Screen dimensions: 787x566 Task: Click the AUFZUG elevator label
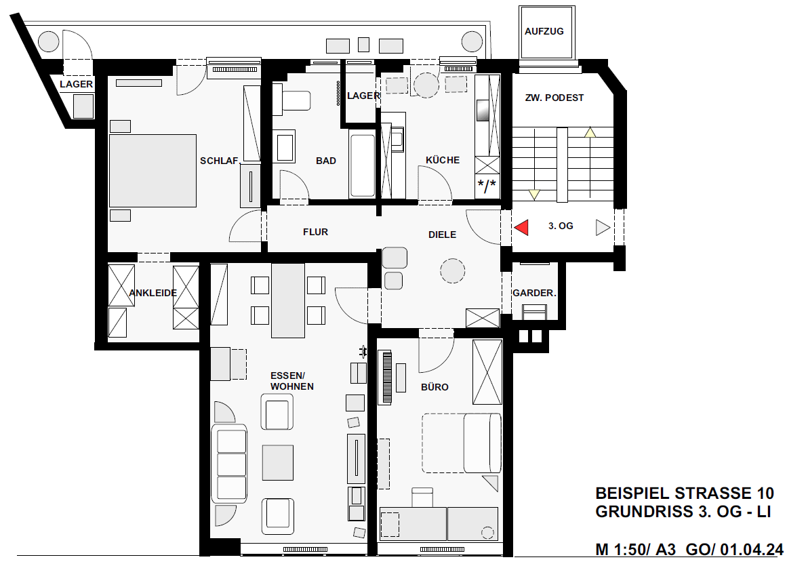click(544, 31)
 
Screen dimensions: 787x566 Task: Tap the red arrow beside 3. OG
click(521, 227)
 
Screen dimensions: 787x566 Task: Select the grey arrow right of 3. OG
click(603, 228)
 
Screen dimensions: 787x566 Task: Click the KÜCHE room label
click(443, 160)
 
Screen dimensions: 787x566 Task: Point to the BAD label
click(326, 161)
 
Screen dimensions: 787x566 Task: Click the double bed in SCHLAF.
click(153, 171)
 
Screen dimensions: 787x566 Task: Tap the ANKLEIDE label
click(153, 293)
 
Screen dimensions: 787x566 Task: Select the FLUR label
click(315, 232)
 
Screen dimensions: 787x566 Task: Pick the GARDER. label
click(534, 293)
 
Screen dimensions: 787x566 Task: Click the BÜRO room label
click(435, 387)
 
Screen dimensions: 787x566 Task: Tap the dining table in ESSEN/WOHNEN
click(288, 300)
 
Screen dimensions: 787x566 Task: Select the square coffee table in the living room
click(277, 463)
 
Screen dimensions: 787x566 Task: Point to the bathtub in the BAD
click(363, 165)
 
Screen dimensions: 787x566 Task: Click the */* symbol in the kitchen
click(487, 186)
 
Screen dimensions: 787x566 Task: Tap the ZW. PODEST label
click(554, 98)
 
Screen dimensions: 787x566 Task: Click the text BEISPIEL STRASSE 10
click(685, 493)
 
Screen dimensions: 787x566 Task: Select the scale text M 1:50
click(623, 550)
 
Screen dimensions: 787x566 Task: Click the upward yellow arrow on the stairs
click(590, 132)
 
